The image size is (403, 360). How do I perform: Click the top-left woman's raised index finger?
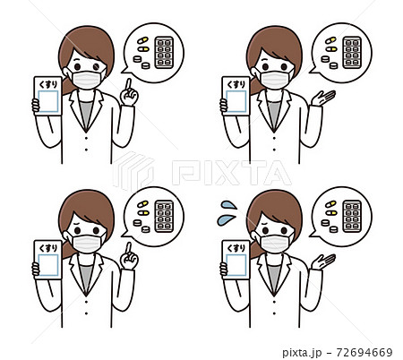click(x=129, y=84)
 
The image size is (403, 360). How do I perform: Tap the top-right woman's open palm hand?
click(x=323, y=99)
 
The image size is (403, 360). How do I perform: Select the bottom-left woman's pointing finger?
click(x=129, y=248)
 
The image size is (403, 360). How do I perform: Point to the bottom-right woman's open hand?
click(x=323, y=262)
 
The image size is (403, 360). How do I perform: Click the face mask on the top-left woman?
click(x=87, y=79)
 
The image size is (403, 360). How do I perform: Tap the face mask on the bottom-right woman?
click(x=275, y=243)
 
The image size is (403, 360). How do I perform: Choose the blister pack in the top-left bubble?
click(x=164, y=53)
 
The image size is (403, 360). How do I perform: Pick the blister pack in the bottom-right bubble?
click(x=352, y=217)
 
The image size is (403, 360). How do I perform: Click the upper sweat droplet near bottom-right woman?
click(x=228, y=205)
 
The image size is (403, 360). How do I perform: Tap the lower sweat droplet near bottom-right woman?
click(x=226, y=220)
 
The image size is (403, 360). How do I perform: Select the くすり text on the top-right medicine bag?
click(x=236, y=84)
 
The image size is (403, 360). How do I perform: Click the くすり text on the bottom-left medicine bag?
click(x=48, y=248)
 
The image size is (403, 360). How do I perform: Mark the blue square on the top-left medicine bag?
click(x=48, y=101)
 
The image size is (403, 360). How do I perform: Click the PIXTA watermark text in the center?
click(x=232, y=173)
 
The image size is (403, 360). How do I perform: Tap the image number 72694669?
click(x=364, y=353)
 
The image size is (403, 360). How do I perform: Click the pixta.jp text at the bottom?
click(x=302, y=353)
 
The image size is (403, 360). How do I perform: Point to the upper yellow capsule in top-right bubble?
click(x=330, y=40)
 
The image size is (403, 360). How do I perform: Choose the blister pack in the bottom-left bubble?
click(x=164, y=217)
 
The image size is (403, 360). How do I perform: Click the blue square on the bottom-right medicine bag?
click(x=236, y=265)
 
